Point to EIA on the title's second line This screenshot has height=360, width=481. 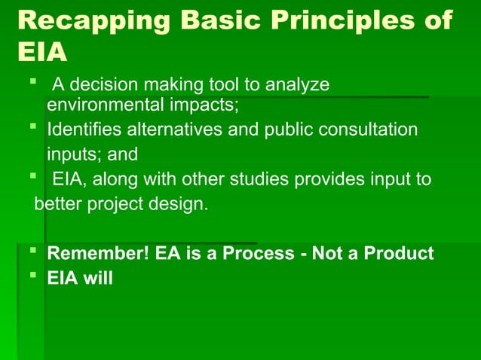41,53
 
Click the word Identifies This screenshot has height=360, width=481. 81,130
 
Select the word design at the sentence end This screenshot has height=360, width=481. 184,204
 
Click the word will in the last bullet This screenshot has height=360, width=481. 97,278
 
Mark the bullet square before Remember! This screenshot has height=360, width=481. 34,251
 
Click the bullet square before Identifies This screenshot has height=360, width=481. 34,127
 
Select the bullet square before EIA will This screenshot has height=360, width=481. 34,276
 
